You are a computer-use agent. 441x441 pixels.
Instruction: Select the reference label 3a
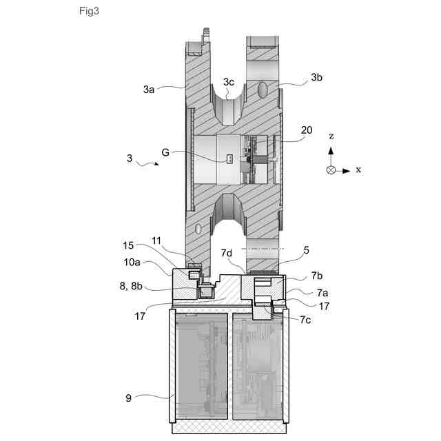[x=149, y=89]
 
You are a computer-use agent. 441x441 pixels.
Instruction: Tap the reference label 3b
[x=316, y=78]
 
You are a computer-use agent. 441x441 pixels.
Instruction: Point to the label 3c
[x=229, y=82]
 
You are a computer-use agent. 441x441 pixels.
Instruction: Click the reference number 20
[x=306, y=130]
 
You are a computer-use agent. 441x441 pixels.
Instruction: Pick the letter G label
[x=165, y=152]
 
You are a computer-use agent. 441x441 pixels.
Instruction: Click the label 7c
[x=305, y=320]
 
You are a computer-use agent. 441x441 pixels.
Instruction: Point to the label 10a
[x=132, y=263]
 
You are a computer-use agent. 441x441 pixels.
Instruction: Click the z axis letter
[x=331, y=136]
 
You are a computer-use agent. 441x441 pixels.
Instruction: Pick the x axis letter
[x=358, y=170]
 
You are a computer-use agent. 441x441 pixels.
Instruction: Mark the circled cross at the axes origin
[x=331, y=170]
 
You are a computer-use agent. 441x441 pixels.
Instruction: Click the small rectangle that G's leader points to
[x=232, y=160]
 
